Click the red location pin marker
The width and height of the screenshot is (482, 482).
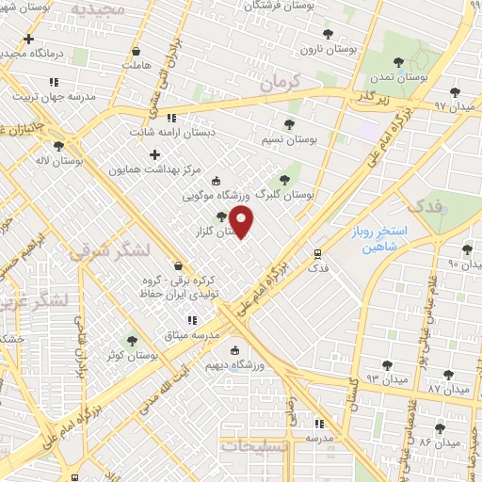(242, 222)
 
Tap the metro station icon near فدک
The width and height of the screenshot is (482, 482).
(317, 252)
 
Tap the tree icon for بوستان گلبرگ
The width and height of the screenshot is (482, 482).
(283, 180)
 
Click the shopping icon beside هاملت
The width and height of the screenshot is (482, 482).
(137, 52)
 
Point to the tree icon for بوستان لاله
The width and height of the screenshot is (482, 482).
(59, 146)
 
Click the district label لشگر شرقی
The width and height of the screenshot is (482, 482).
(100, 252)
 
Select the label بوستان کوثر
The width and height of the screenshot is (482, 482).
(131, 356)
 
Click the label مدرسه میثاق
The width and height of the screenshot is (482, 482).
(191, 335)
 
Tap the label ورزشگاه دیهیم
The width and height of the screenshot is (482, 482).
(261, 364)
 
